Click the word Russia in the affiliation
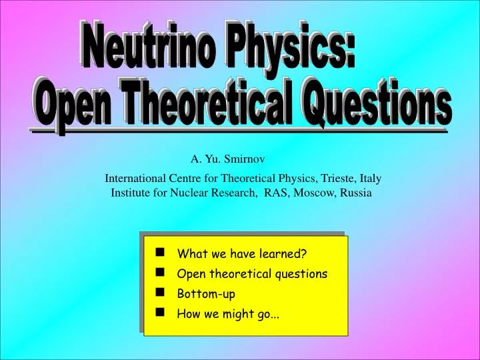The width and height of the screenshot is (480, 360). point(355,193)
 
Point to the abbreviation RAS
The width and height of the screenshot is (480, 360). point(276,193)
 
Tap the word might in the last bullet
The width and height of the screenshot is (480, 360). point(241,314)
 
